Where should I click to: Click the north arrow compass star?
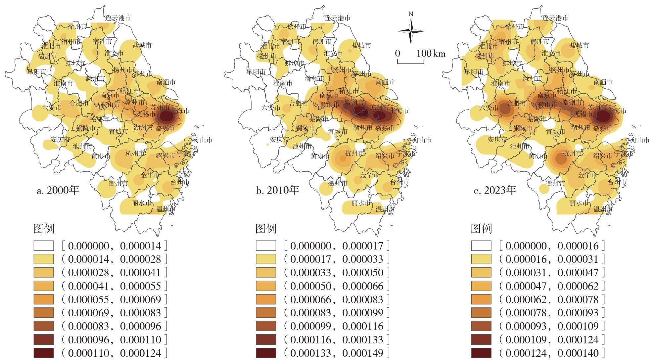coord(411,31)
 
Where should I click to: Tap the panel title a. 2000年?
coord(58,190)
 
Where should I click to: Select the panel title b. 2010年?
coord(277,190)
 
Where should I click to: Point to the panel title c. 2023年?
coord(495,190)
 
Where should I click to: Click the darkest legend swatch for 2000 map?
coord(43,353)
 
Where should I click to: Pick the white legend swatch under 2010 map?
coord(266,246)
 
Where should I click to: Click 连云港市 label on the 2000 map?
coord(118,18)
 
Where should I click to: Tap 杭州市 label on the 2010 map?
coord(354,154)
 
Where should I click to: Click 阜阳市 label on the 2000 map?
coord(36,71)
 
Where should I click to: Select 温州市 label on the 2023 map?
coord(603,209)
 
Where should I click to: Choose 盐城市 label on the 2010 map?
coord(361,45)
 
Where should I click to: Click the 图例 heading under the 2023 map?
coord(481,229)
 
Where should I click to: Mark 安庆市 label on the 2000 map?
coord(60,140)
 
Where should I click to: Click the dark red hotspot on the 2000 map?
coord(166,116)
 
